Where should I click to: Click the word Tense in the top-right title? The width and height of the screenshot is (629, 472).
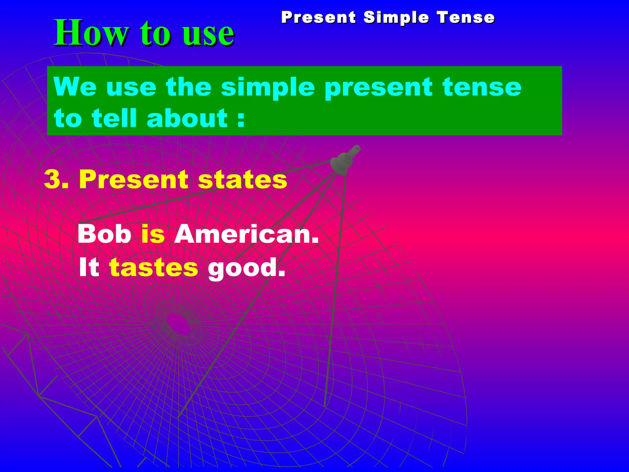466,17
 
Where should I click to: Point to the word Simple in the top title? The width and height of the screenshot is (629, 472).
396,17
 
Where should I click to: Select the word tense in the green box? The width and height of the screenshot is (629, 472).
482,87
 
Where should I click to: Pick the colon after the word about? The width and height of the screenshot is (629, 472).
241,119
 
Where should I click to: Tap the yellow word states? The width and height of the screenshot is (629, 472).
242,179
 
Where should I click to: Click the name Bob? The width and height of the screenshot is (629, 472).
104,234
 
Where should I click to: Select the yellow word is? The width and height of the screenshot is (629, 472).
153,234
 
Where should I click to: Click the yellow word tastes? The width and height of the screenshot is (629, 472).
154,267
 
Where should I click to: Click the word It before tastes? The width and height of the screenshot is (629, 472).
89,267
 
